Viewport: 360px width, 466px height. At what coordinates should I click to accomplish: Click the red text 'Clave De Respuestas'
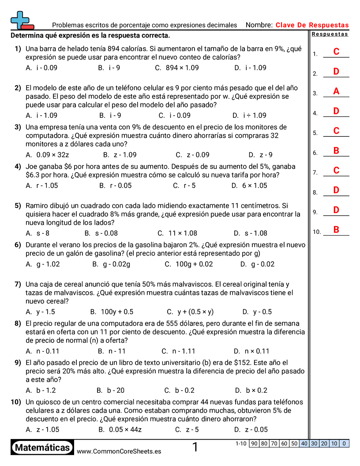point(312,25)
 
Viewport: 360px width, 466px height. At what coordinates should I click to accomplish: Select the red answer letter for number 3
point(336,91)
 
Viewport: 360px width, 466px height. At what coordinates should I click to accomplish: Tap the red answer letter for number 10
point(336,229)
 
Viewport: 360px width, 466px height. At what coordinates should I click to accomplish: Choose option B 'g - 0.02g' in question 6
point(116,264)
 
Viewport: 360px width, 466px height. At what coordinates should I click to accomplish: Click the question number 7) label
point(18,284)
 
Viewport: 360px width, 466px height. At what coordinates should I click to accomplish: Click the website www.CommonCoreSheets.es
point(119,451)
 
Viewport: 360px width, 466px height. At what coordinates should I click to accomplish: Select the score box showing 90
point(254,443)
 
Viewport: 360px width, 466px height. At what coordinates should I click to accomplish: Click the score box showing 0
point(344,443)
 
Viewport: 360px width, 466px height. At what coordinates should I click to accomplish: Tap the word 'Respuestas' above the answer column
point(330,34)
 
